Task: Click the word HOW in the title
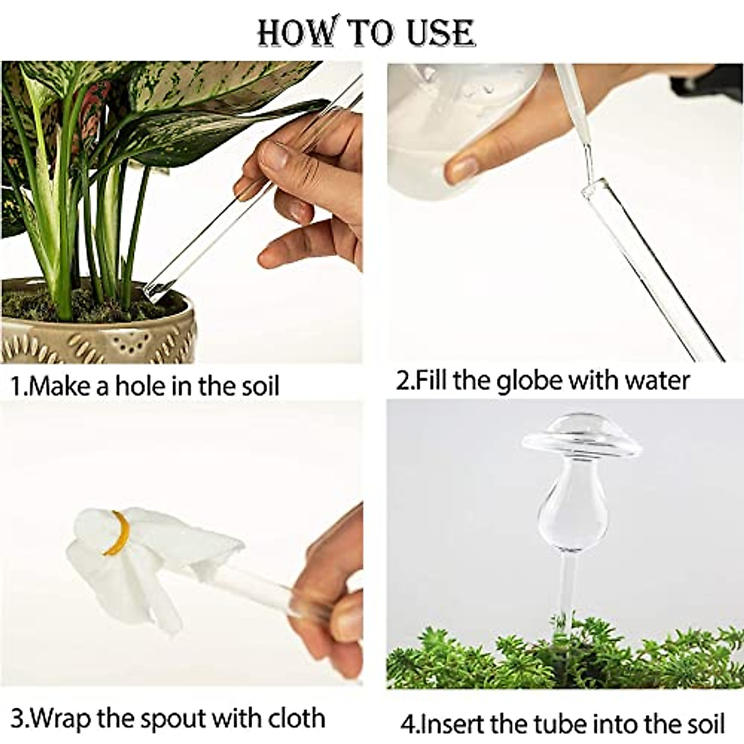point(288,32)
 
